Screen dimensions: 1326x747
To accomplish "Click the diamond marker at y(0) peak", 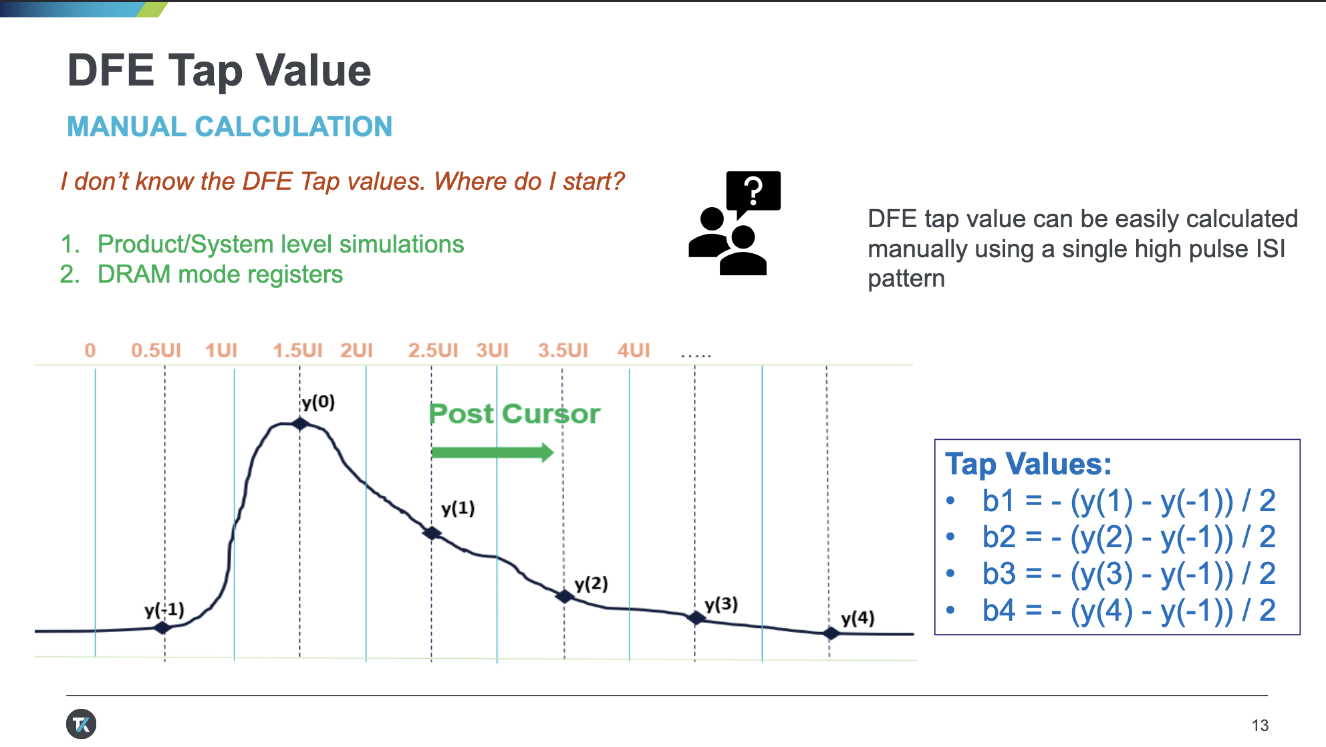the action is pos(300,424).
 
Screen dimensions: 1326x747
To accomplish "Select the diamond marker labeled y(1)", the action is pos(432,533).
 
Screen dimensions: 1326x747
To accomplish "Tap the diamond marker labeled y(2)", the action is pos(565,596).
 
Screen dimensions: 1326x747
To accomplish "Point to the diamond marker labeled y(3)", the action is pos(696,618).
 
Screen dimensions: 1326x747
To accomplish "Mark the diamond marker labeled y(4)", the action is pos(831,633).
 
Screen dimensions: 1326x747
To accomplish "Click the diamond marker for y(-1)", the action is pos(162,627).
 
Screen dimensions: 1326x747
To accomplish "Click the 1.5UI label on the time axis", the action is pos(297,350).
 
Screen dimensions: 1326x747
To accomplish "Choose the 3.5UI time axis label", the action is pos(563,350).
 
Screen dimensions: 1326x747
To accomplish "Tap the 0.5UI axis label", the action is pos(156,350).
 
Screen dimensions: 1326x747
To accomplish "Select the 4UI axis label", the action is pos(634,350).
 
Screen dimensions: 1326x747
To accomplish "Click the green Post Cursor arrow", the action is pos(493,452).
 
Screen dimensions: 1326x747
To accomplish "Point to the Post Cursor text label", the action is pos(515,414).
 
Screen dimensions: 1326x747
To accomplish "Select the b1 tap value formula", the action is pos(1129,500).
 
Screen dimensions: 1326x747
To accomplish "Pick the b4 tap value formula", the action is pos(1129,610).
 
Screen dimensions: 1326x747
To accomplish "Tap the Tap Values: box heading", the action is pos(1028,464).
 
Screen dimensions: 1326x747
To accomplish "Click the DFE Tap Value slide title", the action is pos(219,70).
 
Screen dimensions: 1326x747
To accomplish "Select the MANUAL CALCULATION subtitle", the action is pos(229,126).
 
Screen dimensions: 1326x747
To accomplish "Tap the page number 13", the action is pos(1260,725).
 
